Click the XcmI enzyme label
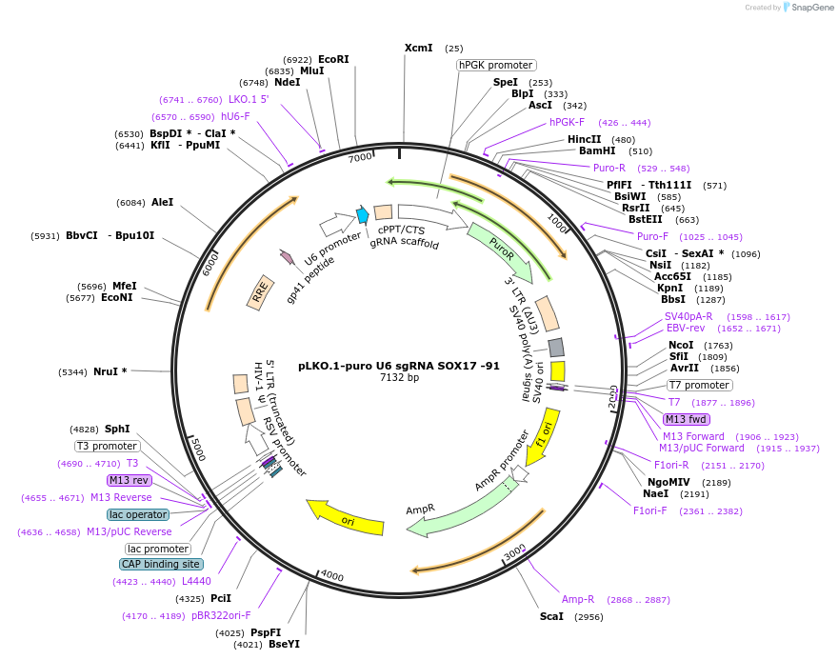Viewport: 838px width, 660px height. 418,48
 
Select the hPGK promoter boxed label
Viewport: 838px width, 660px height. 495,65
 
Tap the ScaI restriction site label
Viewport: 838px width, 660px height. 551,616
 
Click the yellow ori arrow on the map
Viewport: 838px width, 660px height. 340,515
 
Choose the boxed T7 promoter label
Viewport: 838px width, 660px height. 699,385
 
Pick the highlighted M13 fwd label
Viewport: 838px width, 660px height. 687,419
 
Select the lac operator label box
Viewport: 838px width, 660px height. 138,514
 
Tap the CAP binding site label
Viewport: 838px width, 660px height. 161,564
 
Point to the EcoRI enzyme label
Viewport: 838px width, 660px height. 333,59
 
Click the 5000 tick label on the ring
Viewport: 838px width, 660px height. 198,449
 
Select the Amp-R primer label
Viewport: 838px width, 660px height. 578,599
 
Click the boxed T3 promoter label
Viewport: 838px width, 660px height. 107,446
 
